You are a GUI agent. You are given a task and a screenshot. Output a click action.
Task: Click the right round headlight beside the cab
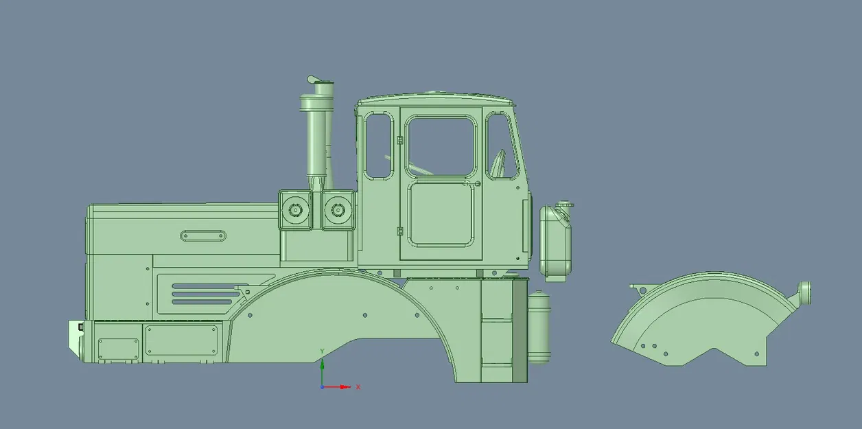click(x=337, y=209)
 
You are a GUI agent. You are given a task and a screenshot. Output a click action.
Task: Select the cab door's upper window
click(x=440, y=146)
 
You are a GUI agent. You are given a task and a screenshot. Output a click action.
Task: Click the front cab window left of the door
click(x=378, y=146)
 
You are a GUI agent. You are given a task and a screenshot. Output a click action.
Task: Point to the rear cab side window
click(x=502, y=146)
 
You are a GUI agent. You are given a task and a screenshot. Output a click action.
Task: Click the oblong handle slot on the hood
click(x=204, y=236)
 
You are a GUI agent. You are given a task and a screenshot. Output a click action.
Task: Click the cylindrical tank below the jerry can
click(x=539, y=327)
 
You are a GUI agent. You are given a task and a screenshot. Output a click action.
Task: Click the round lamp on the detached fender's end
click(x=804, y=292)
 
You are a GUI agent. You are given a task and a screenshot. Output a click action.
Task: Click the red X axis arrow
click(x=340, y=387)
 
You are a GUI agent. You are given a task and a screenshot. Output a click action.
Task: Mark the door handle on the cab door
click(x=478, y=183)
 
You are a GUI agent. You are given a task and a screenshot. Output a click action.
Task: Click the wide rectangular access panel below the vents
click(x=182, y=340)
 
